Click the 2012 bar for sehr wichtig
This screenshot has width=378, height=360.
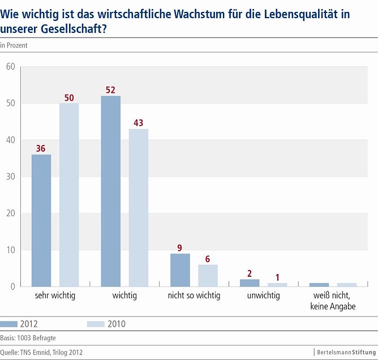41,220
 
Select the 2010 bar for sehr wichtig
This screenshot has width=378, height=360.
69,195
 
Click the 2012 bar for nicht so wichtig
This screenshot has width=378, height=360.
180,270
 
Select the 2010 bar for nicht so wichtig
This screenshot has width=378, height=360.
208,276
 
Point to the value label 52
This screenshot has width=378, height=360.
110,90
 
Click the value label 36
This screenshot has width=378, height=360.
41,149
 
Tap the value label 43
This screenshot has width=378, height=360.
139,123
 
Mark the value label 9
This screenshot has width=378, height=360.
180,247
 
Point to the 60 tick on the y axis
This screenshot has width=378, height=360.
10,67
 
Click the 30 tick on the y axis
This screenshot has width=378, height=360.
10,177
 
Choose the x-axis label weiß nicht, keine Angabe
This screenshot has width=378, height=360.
333,301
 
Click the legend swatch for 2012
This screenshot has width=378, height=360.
10,324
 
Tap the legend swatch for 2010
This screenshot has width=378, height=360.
96,324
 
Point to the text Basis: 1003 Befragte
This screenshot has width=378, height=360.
28,337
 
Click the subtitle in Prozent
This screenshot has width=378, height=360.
14,45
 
